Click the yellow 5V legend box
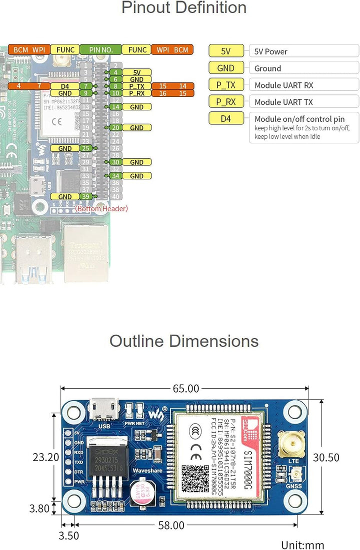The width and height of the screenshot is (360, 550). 226,51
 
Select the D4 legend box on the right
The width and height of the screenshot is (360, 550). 226,119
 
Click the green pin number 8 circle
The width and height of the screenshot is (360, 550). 115,86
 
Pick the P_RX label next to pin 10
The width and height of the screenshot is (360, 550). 136,93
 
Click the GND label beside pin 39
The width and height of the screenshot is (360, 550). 65,197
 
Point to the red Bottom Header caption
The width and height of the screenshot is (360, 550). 101,208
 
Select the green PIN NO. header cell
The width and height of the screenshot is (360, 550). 100,50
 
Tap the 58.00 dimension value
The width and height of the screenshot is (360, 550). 171,525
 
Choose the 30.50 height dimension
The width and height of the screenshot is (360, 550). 326,457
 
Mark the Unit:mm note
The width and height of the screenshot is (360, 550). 302,545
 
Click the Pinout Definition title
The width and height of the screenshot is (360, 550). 183,8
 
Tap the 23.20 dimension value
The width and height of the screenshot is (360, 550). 46,457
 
